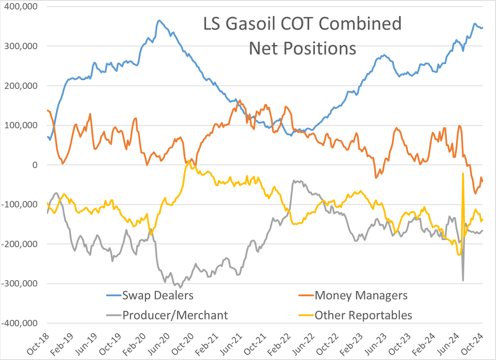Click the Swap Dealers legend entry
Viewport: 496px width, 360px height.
point(150,296)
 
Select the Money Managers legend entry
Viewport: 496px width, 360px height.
point(353,296)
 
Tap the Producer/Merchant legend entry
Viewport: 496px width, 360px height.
point(167,315)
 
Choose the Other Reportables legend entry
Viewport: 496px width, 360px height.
point(355,315)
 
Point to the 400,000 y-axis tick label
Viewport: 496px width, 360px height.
point(21,7)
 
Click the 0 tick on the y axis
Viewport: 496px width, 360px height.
point(35,165)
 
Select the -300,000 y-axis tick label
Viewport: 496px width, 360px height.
point(19,284)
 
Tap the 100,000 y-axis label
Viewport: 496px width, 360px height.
point(21,125)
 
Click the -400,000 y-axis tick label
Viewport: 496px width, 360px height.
point(19,323)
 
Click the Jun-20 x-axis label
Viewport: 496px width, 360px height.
point(159,344)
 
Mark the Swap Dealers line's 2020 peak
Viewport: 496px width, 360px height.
point(160,20)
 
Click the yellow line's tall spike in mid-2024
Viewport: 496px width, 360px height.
point(463,174)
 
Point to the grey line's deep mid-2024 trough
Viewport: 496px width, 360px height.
point(463,281)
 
